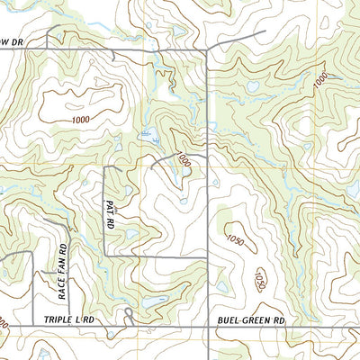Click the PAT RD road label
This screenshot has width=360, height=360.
109,212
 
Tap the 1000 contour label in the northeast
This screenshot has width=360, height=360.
319,80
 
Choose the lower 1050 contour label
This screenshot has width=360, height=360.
262,276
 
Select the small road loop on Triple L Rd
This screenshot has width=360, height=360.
130,315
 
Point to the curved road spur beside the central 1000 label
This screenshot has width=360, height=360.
166,159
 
